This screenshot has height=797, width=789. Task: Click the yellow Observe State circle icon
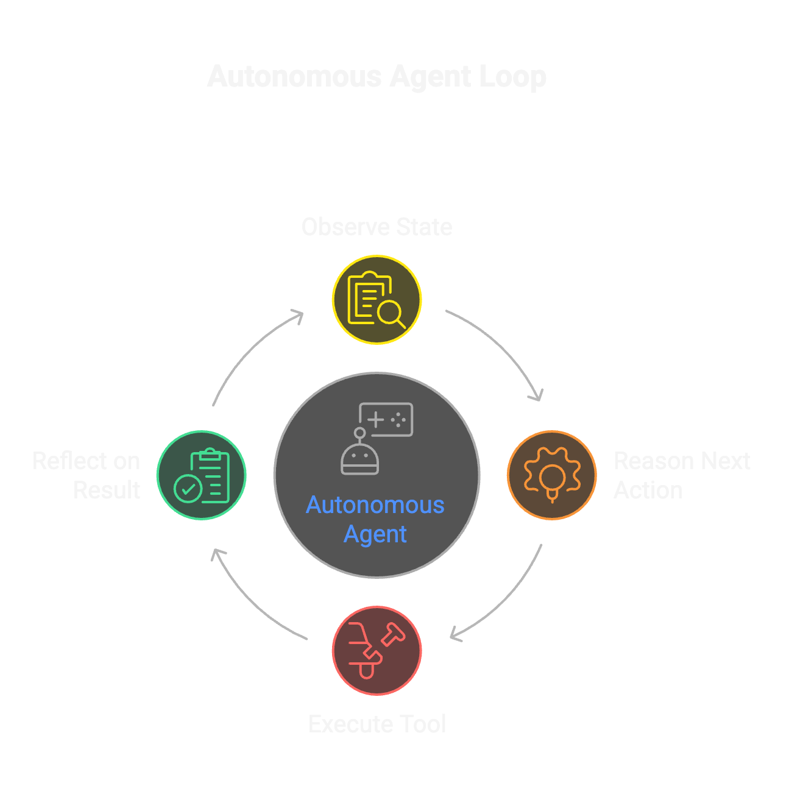[377, 300]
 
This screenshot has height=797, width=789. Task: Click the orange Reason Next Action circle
[551, 475]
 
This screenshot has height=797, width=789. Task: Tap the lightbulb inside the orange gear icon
[552, 478]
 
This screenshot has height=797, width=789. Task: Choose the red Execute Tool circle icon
[377, 650]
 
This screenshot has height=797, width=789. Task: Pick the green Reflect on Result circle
[202, 475]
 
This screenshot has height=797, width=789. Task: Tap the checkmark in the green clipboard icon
[188, 489]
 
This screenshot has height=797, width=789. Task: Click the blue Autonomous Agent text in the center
[375, 519]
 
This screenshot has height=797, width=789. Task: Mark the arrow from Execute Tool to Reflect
[250, 603]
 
